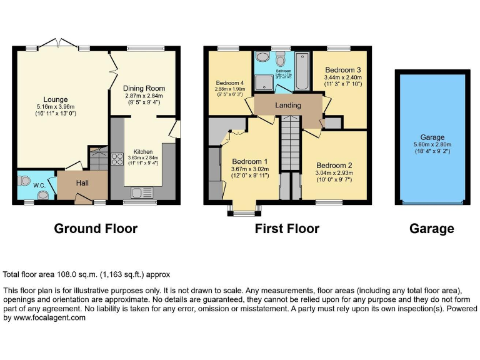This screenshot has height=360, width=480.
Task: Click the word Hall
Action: point(82,182)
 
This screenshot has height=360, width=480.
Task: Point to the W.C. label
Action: point(39,185)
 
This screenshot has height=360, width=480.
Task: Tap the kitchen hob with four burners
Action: point(116,159)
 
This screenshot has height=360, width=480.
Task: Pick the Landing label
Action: point(288,106)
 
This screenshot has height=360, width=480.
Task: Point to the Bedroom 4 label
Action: point(229,83)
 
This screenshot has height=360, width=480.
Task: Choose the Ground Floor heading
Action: point(96,229)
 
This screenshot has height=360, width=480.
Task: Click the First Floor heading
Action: point(287,229)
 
